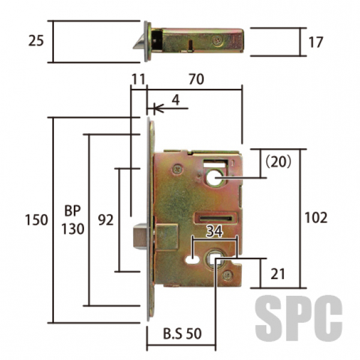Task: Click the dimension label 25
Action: tap(36, 41)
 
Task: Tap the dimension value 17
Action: tap(316, 42)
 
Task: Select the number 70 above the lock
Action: tap(196, 79)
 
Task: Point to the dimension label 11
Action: tap(138, 79)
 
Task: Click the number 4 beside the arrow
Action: tap(176, 100)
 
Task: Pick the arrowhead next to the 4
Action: tap(158, 108)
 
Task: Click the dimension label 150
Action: tap(36, 220)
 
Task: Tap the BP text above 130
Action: tap(73, 211)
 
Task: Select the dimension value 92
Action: tap(106, 220)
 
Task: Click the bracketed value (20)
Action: tap(278, 162)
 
